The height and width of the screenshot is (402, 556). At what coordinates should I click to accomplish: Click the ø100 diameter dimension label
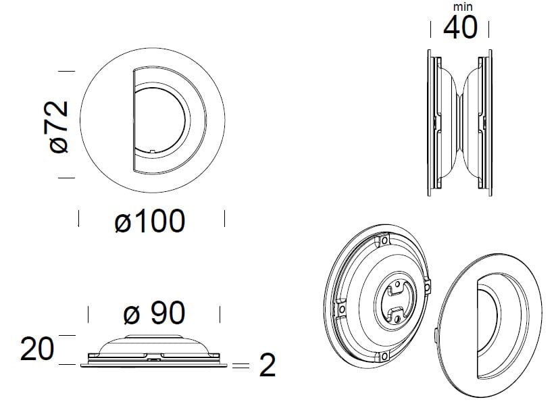click(x=150, y=221)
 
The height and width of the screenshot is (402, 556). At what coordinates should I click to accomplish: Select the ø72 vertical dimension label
click(x=59, y=127)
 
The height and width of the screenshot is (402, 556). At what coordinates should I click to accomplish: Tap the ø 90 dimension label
click(x=154, y=313)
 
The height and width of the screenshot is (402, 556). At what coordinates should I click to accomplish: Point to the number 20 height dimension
click(x=37, y=349)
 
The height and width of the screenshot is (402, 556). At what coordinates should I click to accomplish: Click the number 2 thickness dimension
click(x=268, y=365)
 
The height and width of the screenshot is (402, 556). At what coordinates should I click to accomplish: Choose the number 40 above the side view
click(x=460, y=27)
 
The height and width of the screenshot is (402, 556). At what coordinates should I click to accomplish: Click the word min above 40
click(x=463, y=7)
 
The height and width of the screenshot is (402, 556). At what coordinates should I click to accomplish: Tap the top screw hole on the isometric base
click(x=384, y=241)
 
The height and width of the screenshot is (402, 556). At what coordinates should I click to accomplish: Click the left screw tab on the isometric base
click(x=342, y=309)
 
